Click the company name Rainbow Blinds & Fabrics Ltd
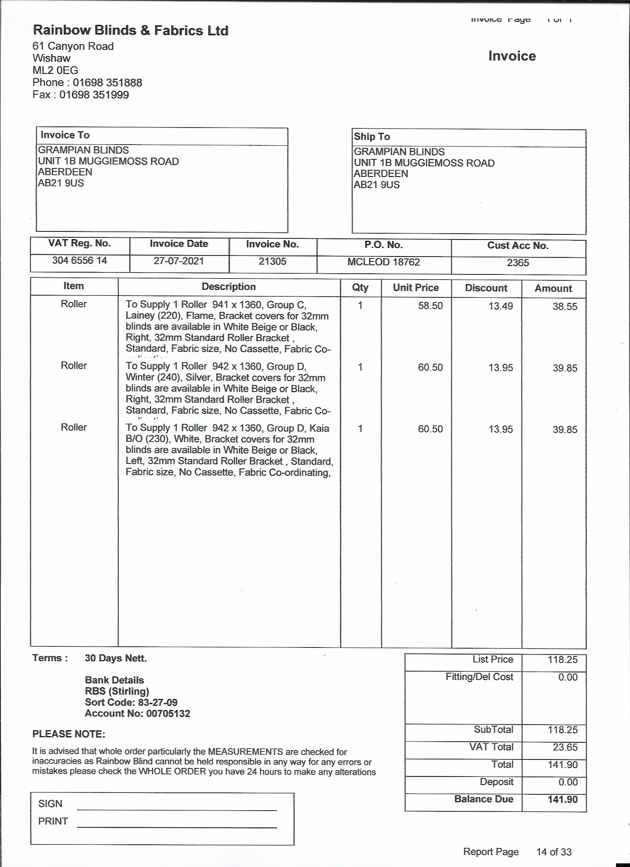pyautogui.click(x=131, y=30)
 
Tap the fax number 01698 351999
pyautogui.click(x=94, y=95)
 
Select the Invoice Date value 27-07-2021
pyautogui.click(x=179, y=261)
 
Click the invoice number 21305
pyautogui.click(x=272, y=261)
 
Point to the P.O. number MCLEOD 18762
pyautogui.click(x=384, y=262)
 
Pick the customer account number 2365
pyautogui.click(x=518, y=263)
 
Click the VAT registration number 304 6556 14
pyautogui.click(x=79, y=261)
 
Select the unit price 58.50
pyautogui.click(x=430, y=306)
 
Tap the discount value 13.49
pyautogui.click(x=501, y=306)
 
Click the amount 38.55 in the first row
pyautogui.click(x=565, y=307)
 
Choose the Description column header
pyautogui.click(x=228, y=287)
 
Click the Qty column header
pyautogui.click(x=360, y=287)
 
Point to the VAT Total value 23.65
pyautogui.click(x=565, y=747)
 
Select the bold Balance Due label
pyautogui.click(x=484, y=800)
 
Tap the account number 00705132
pyautogui.click(x=168, y=713)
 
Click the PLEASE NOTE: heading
pyautogui.click(x=69, y=734)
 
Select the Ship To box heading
pyautogui.click(x=372, y=136)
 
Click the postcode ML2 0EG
pyautogui.click(x=55, y=70)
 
